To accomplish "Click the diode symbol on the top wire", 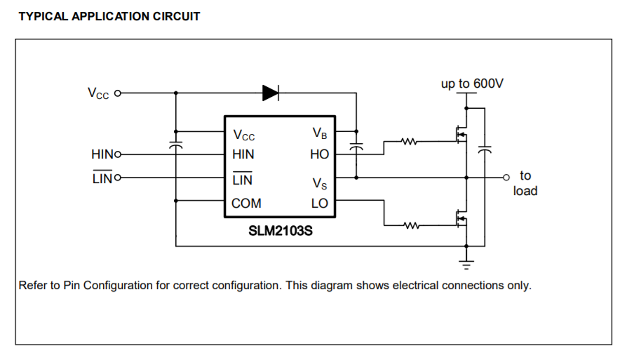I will (x=271, y=92).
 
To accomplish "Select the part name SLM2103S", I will (x=280, y=229).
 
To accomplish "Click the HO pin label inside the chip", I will (x=319, y=154).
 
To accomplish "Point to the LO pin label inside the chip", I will (x=320, y=204).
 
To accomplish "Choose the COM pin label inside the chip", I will (x=247, y=204).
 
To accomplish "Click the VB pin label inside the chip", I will (x=320, y=133).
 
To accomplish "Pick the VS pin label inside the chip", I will (x=320, y=183).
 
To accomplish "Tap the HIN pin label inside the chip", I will (x=243, y=154).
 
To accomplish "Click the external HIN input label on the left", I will (x=104, y=154).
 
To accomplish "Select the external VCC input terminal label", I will (x=98, y=93).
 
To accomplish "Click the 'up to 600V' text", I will (x=472, y=84).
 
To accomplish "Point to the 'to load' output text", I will (x=525, y=183).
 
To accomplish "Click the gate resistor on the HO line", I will (x=409, y=142).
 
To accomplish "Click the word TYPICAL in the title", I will (x=43, y=16).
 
